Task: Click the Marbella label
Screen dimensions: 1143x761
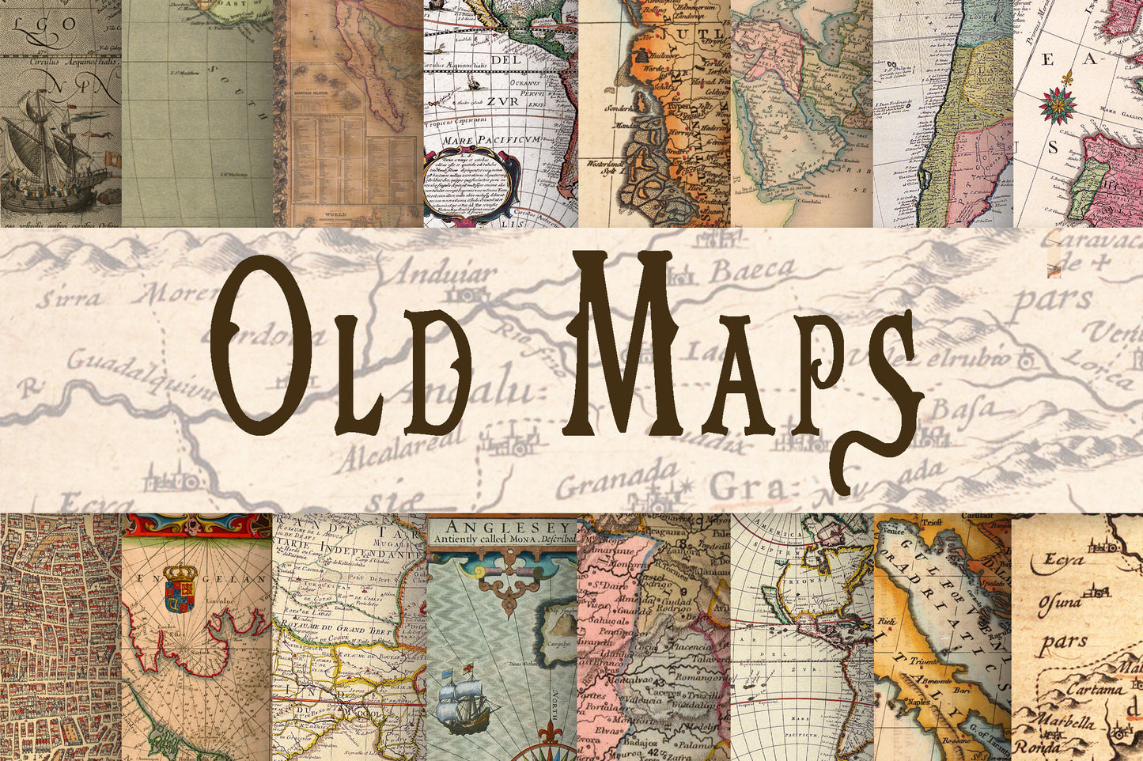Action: coord(1068,722)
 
